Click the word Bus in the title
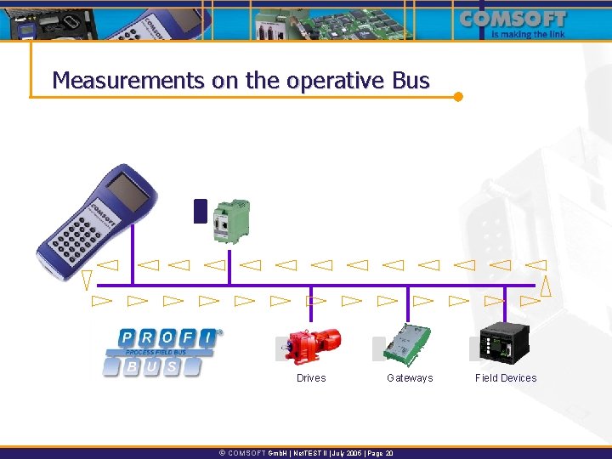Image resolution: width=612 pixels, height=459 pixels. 411,81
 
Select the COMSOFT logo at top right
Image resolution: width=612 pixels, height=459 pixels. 513,19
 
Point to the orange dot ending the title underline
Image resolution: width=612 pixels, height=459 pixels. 458,96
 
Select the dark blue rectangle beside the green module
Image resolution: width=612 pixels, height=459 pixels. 201,211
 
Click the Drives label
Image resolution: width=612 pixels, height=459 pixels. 311,378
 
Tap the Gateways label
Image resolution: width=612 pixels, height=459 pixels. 410,378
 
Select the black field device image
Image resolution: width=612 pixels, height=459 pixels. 504,344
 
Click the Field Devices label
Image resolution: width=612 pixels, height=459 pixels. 506,378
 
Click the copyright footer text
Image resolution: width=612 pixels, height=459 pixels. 306,453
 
